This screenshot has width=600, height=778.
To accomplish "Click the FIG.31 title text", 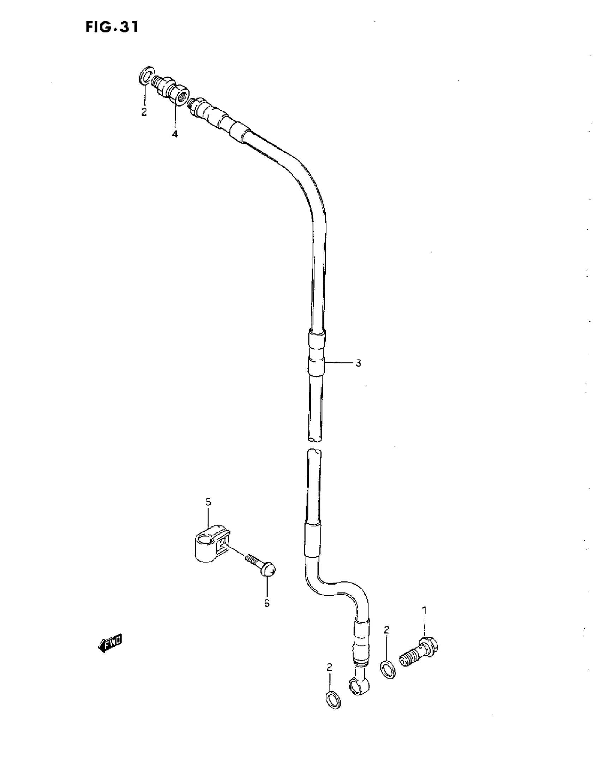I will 112,28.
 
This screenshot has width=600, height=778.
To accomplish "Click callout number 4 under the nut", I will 175,134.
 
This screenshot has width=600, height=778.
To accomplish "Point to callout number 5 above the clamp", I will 208,502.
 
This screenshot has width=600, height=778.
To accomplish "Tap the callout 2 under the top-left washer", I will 144,113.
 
